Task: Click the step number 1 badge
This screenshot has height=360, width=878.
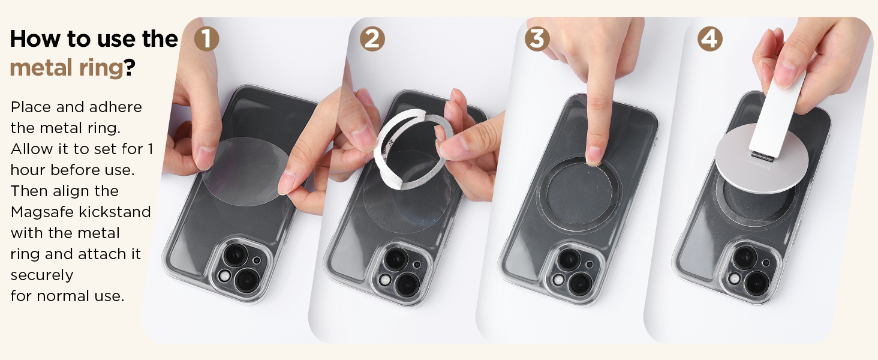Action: [206, 39]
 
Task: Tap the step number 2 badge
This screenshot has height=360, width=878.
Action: [372, 39]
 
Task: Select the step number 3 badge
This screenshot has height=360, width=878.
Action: [537, 39]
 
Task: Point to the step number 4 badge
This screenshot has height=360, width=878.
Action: [710, 39]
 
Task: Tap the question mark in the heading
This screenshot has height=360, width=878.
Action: [130, 67]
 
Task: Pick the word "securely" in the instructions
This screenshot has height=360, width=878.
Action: [42, 275]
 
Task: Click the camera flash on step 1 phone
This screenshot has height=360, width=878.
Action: [224, 276]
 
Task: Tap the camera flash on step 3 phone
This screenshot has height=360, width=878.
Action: [558, 280]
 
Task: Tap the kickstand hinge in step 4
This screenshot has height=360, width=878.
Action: [763, 157]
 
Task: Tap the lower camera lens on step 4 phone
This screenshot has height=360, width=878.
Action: [756, 283]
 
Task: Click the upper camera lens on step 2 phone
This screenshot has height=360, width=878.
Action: [395, 259]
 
